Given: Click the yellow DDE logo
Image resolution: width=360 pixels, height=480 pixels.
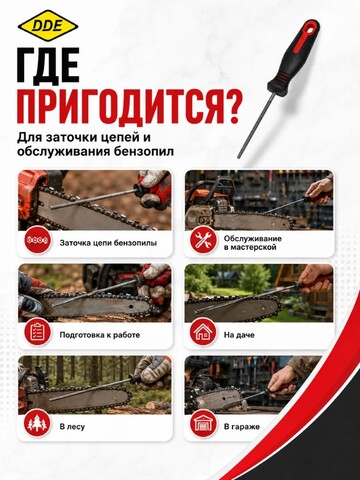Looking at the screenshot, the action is pos(48,25).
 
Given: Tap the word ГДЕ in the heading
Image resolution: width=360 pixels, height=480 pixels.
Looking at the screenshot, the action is pos(49,65).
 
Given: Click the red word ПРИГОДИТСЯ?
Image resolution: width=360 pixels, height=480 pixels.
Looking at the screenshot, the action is pos(128,108).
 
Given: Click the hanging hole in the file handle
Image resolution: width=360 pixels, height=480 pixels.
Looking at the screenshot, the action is pos(311,28).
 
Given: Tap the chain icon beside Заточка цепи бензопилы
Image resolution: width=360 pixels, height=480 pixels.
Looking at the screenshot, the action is pos(38,240).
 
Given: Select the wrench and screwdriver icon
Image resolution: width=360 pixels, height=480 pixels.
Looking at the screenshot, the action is pos(203,240).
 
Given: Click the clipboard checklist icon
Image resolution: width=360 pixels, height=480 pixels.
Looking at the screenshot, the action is pos(38,332).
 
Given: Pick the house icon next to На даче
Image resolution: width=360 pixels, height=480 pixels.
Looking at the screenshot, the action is pos(203,332).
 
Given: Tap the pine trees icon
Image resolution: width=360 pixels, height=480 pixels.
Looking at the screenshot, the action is pos(38,424).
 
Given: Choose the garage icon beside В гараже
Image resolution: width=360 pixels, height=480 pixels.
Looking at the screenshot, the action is pos(203,424).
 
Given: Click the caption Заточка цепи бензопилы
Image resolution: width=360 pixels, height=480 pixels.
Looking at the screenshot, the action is pos(108,243).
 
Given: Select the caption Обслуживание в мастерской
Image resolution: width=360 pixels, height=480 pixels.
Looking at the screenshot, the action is pos(253,243).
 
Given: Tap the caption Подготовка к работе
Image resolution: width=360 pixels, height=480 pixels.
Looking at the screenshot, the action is pos(100,335).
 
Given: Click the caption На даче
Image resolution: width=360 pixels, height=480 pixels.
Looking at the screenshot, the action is pos(239,335).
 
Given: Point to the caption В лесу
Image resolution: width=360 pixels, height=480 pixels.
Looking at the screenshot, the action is pos(72,427).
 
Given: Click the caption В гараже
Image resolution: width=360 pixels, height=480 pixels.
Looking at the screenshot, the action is pos(242,427).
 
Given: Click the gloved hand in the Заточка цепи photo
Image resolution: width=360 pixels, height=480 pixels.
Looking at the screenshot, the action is pos(153,189).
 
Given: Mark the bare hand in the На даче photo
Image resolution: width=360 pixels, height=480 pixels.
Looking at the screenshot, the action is pos(315,279).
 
